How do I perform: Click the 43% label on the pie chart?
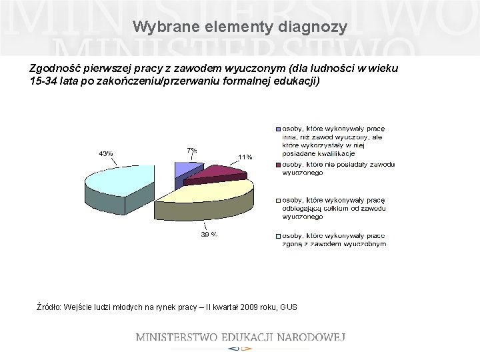click(x=106, y=153)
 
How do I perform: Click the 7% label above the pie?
click(x=192, y=151)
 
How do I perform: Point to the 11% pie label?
click(x=245, y=157)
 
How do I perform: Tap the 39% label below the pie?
click(x=209, y=234)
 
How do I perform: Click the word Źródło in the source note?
click(x=49, y=307)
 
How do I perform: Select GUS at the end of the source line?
click(x=289, y=307)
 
